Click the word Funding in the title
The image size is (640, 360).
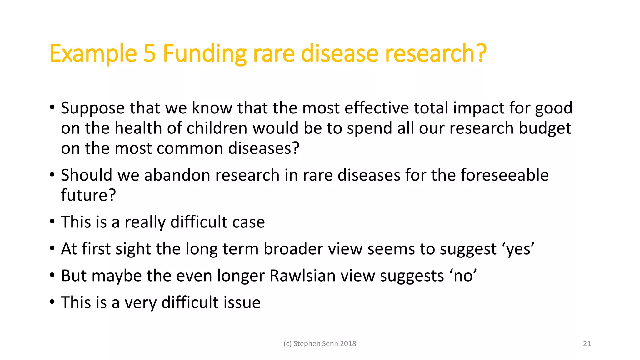(x=204, y=54)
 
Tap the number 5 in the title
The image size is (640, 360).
(x=150, y=54)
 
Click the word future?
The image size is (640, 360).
(x=88, y=195)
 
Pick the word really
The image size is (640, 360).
(x=145, y=222)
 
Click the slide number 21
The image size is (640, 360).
(x=587, y=344)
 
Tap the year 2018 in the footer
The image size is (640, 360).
(x=348, y=344)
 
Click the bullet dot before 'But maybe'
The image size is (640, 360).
(x=52, y=275)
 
